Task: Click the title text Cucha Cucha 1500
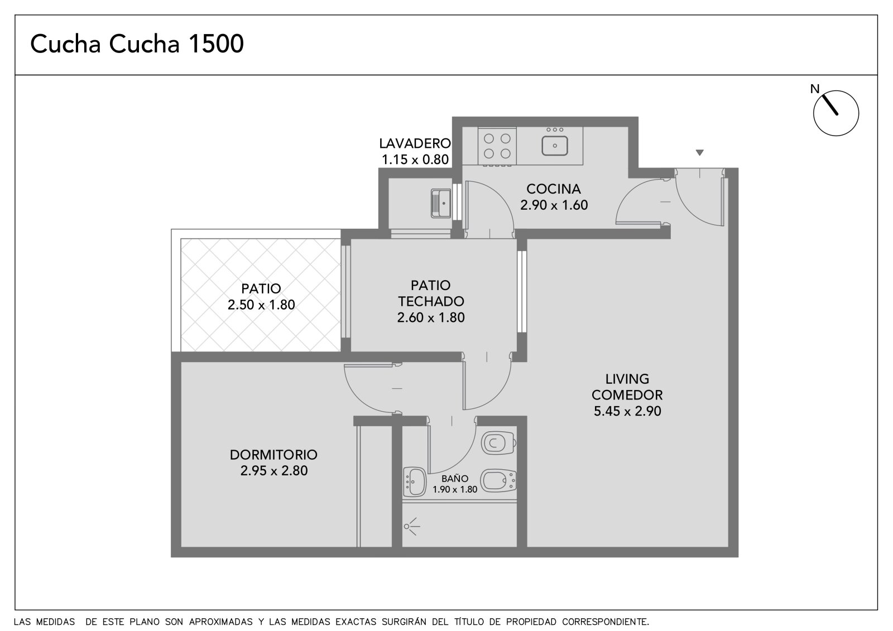click(x=137, y=44)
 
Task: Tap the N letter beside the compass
click(x=814, y=89)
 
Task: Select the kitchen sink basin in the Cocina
click(x=555, y=146)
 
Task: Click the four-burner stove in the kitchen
click(x=497, y=146)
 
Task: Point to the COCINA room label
click(x=553, y=189)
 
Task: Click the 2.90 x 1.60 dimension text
click(x=554, y=205)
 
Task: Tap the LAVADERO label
click(x=415, y=143)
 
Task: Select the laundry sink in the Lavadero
click(x=441, y=203)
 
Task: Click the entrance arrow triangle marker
click(x=699, y=152)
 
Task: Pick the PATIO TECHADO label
click(x=431, y=293)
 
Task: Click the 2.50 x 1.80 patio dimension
click(x=261, y=305)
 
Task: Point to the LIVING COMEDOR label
click(x=627, y=387)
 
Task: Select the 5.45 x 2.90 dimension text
click(x=627, y=411)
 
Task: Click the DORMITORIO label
click(x=273, y=454)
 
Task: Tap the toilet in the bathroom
click(x=499, y=442)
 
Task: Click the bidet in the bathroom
click(x=498, y=481)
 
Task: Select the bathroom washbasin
click(x=415, y=482)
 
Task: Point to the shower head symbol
click(x=411, y=526)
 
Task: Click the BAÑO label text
click(x=455, y=478)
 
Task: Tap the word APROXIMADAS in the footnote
click(x=221, y=622)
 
